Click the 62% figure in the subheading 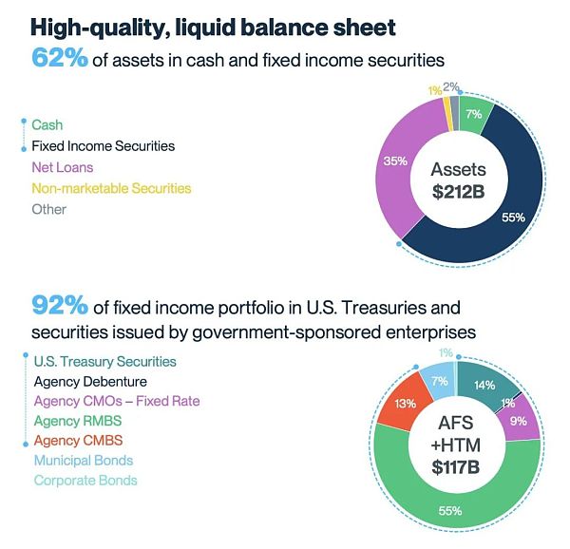coord(60,58)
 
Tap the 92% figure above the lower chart coord(60,306)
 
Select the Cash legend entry coord(47,124)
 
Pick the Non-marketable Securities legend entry coord(111,188)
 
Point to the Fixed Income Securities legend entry coord(103,146)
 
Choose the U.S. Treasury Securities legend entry coord(104,361)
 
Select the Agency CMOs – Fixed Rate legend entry coord(117,401)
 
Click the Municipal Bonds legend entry coord(83,461)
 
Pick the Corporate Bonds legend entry coord(85,481)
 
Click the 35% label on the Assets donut coord(393,161)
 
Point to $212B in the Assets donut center coord(459,191)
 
